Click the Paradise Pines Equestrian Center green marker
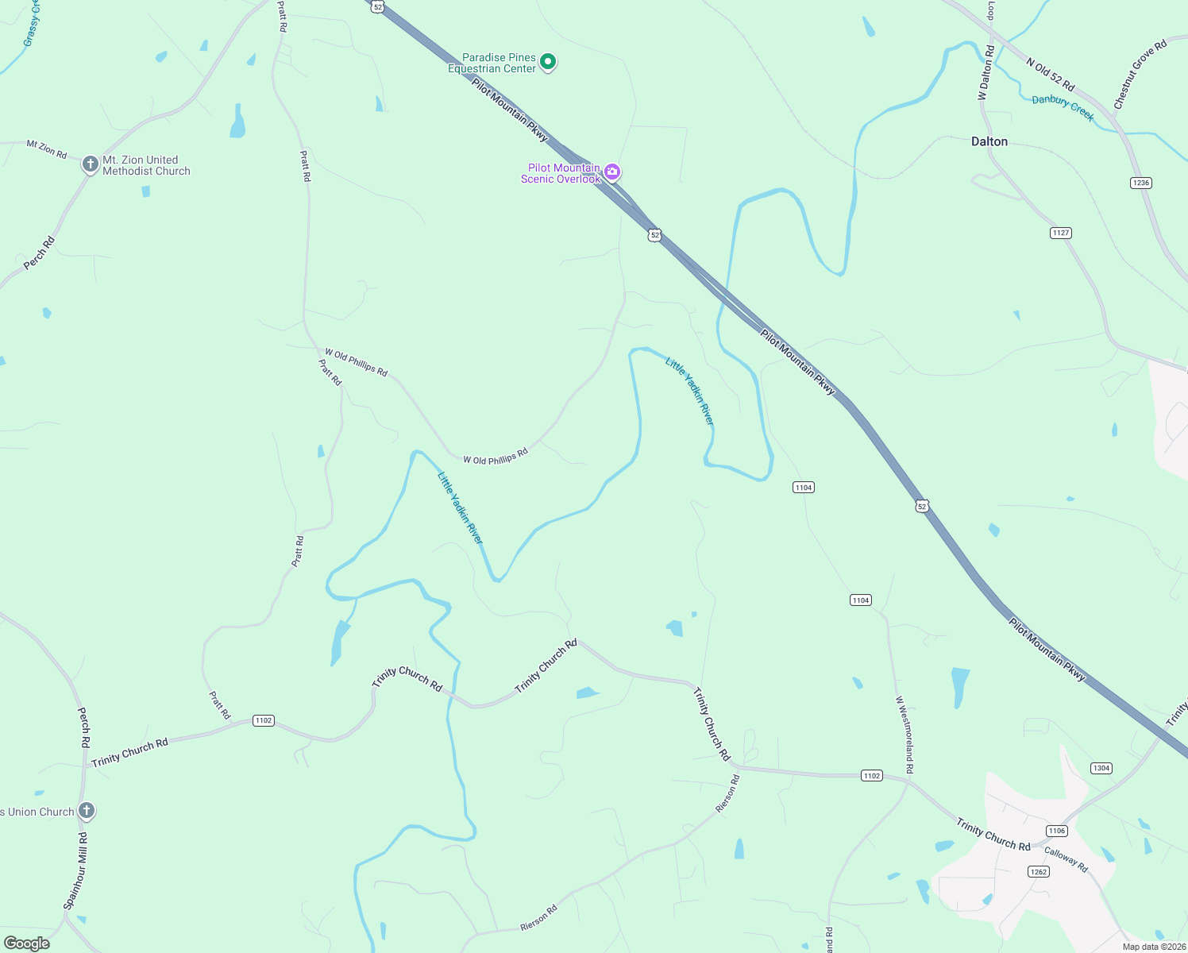click(547, 61)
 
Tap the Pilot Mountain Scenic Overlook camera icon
click(612, 172)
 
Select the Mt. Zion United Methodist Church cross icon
click(90, 164)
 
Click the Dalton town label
click(989, 141)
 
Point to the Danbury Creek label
click(1063, 108)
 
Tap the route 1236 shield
click(1140, 183)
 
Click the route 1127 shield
click(1061, 233)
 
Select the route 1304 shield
click(1101, 768)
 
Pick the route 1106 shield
click(1056, 831)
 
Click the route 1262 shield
click(1039, 871)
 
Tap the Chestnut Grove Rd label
click(1140, 74)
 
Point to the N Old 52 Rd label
click(1050, 74)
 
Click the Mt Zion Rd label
click(47, 149)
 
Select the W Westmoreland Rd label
click(904, 735)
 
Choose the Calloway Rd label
click(1066, 859)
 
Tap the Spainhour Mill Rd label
click(75, 870)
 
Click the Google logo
click(27, 943)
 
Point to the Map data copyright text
click(1153, 947)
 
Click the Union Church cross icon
click(87, 811)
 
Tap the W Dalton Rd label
click(985, 72)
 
